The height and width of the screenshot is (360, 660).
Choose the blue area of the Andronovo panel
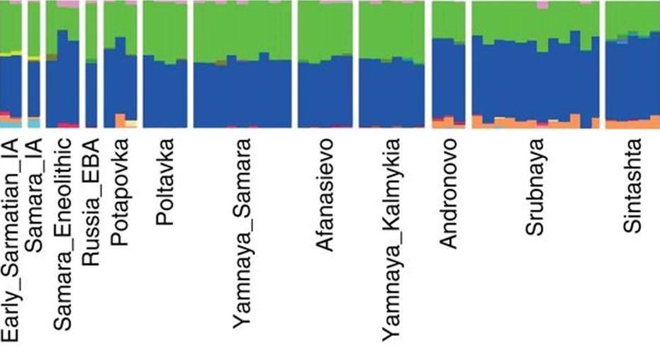tap(447, 78)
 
